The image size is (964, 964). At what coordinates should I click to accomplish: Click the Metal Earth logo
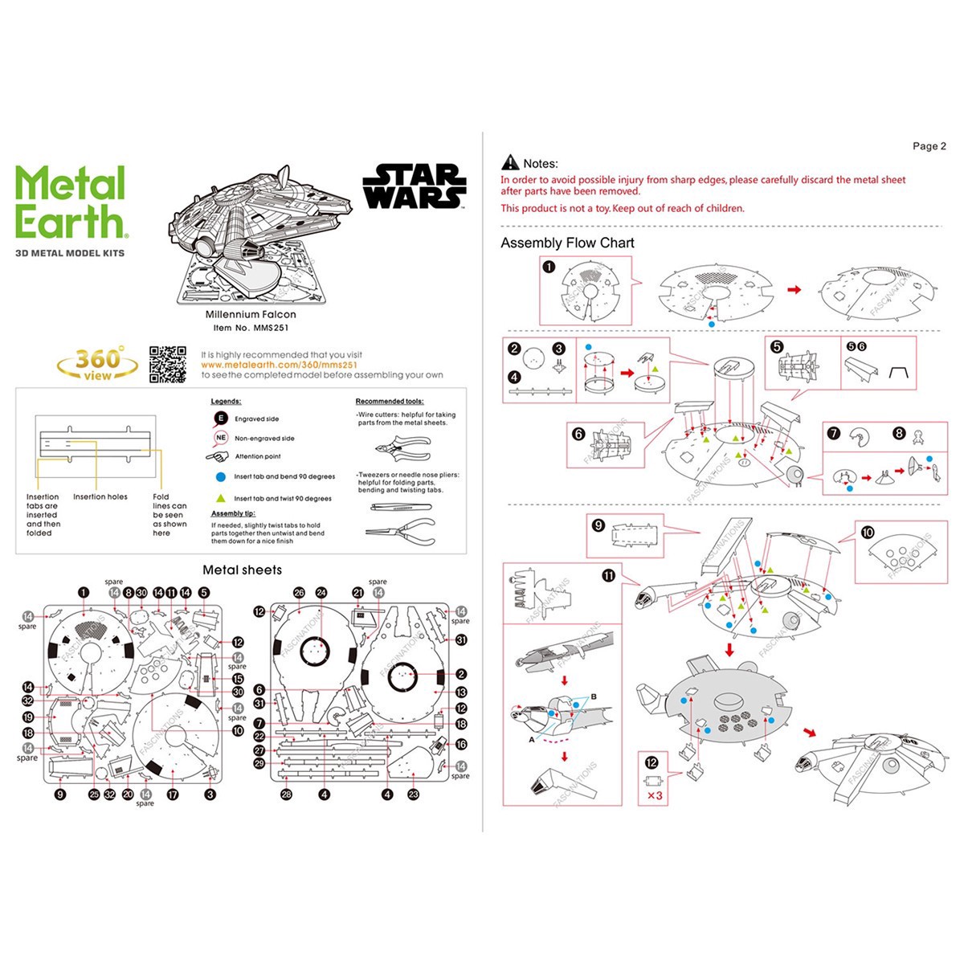tap(71, 202)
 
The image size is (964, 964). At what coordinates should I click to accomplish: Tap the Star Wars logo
tap(415, 186)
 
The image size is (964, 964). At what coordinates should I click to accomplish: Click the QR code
tap(167, 364)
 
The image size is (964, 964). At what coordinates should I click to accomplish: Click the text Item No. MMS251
tap(251, 328)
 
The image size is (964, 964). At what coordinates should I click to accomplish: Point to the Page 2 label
tap(929, 146)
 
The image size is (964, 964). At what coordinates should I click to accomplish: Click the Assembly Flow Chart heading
tap(567, 243)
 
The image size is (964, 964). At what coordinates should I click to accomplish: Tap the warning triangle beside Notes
tap(510, 163)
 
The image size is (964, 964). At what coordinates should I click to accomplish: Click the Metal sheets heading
tap(242, 570)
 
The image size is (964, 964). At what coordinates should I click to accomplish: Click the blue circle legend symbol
tap(221, 476)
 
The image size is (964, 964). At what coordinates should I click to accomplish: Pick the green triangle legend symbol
tap(221, 498)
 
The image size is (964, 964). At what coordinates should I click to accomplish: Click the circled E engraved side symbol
tap(221, 419)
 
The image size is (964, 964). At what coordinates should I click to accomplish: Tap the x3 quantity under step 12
tap(655, 796)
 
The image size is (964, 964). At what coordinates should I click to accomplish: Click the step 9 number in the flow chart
tap(598, 525)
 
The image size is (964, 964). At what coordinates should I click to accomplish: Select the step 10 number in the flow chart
tap(868, 532)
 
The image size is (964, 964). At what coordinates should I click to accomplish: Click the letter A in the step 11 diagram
tap(531, 739)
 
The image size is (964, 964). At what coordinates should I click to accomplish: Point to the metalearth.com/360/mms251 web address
tap(273, 365)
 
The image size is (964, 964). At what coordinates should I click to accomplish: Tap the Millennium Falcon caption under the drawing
tap(251, 315)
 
